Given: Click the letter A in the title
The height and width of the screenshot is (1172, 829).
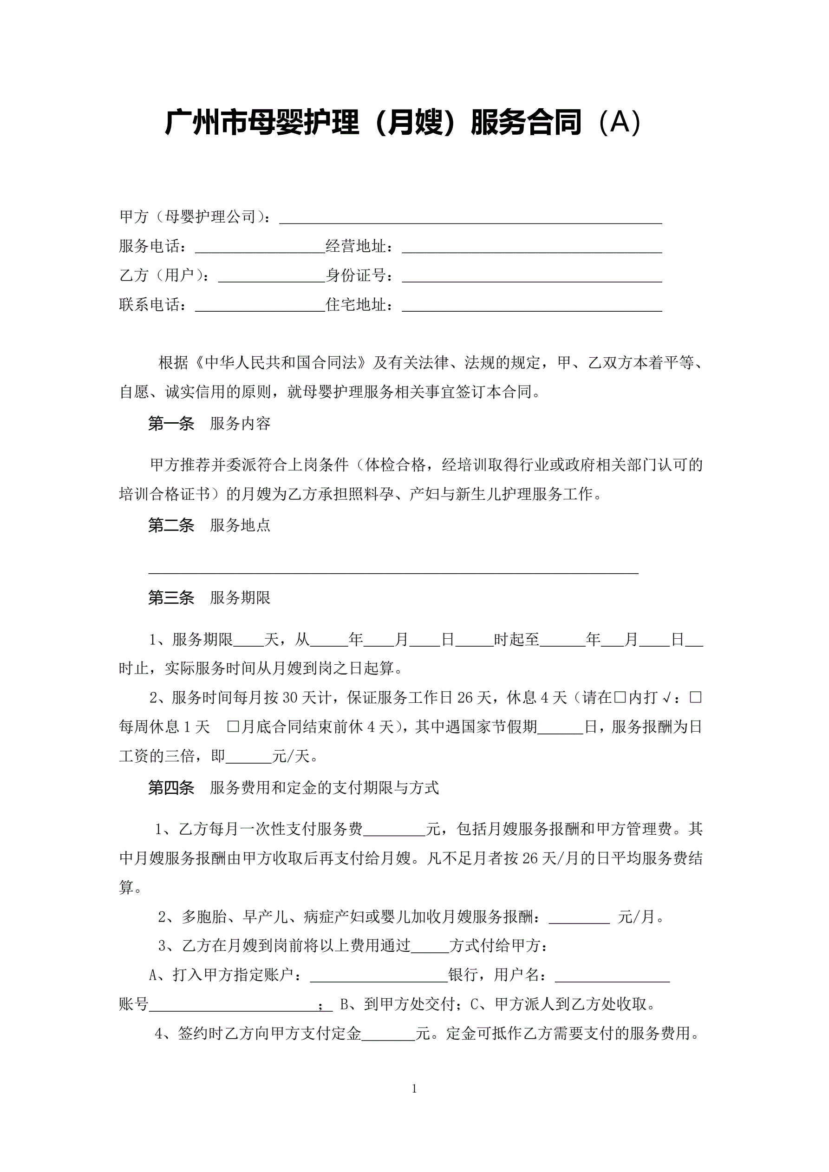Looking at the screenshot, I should pyautogui.click(x=620, y=123).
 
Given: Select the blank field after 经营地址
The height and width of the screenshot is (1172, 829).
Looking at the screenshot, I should pyautogui.click(x=531, y=248).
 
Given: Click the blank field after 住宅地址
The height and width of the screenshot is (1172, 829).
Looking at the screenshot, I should pyautogui.click(x=531, y=306).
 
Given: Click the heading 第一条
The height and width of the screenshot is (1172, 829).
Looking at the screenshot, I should pyautogui.click(x=171, y=424).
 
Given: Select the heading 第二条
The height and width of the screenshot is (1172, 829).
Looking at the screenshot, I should pyautogui.click(x=171, y=525).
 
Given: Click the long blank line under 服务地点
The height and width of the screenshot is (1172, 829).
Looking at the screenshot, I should pyautogui.click(x=393, y=569).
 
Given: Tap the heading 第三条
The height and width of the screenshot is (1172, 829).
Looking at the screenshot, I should pyautogui.click(x=171, y=598).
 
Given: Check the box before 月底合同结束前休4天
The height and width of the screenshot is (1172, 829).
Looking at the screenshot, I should pyautogui.click(x=233, y=727).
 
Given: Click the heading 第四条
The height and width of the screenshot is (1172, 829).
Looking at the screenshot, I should pyautogui.click(x=171, y=788).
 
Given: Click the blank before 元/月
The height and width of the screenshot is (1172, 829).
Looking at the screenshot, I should pyautogui.click(x=579, y=917).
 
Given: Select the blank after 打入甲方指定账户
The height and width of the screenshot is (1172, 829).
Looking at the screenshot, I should pyautogui.click(x=379, y=976).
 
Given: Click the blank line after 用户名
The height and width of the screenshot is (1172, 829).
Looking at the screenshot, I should pyautogui.click(x=612, y=976).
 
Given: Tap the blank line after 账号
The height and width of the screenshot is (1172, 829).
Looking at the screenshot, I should pyautogui.click(x=234, y=1005).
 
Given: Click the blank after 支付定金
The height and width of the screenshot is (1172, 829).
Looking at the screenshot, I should pyautogui.click(x=388, y=1034).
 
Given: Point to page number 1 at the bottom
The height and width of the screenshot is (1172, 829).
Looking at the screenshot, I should pyautogui.click(x=414, y=1089).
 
